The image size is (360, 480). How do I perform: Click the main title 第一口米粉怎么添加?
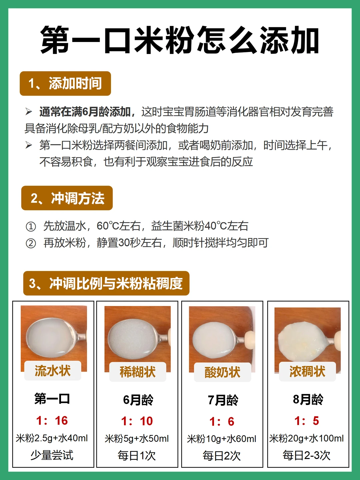[180, 40]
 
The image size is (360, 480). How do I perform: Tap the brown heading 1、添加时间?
[65, 84]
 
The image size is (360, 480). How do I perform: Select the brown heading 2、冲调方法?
[67, 198]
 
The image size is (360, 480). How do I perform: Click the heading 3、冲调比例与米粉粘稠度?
[106, 283]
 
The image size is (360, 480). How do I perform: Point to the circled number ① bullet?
[31, 227]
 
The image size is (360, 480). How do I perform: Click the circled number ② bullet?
[31, 243]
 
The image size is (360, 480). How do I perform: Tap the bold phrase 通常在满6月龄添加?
[85, 112]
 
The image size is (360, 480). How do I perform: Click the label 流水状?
[53, 371]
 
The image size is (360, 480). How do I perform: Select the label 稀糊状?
[138, 372]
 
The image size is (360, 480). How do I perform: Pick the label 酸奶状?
[223, 372]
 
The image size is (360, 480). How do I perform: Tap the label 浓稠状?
[307, 372]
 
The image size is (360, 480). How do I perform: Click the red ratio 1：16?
[52, 421]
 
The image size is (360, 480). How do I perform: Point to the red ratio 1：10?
[137, 421]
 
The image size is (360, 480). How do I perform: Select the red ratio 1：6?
[222, 422]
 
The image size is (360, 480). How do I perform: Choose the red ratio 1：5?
[307, 421]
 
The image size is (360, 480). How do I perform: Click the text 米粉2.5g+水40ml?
[52, 438]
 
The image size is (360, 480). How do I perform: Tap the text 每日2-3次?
[306, 456]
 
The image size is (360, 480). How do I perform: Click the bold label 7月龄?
[223, 400]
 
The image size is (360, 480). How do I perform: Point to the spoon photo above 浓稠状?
[308, 340]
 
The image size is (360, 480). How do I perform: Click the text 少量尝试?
[52, 455]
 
